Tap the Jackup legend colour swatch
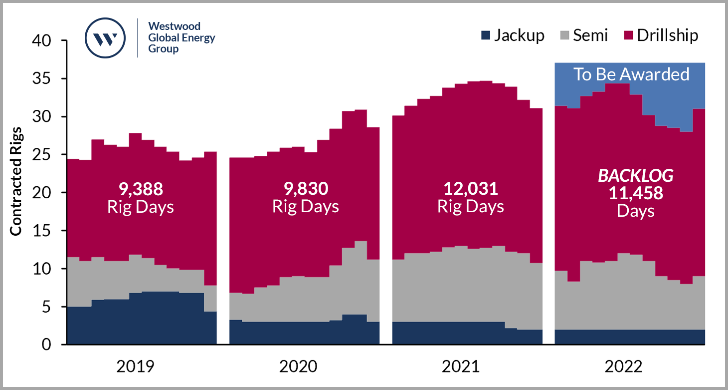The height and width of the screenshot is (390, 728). coord(485,35)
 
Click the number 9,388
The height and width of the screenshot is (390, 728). coord(141,189)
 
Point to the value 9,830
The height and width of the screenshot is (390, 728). coord(306,189)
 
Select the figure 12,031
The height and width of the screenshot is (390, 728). coord(471,189)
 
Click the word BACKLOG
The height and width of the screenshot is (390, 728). coord(635,176)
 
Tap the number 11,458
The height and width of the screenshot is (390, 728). coord(635,193)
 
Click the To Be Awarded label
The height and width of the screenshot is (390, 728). coord(631,74)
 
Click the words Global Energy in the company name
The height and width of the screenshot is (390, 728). coord(182,38)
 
